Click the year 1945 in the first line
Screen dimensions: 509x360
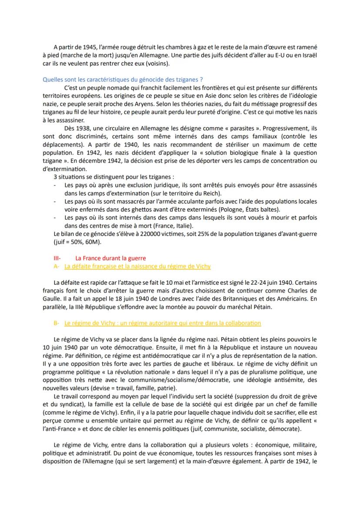coord(82,47)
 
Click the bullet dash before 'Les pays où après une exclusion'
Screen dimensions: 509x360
coord(55,186)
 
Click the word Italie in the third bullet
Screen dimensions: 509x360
coord(185,226)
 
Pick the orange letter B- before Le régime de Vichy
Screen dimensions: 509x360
coord(56,323)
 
